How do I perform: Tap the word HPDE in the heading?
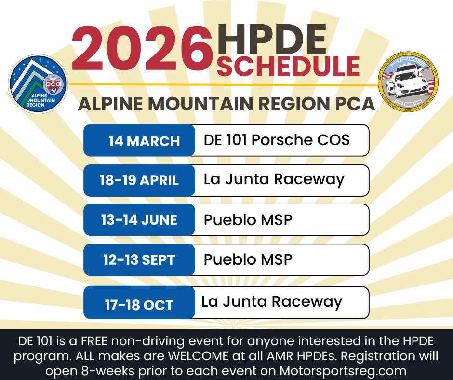(272, 40)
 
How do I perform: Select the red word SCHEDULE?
(288, 66)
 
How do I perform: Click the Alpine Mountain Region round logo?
(38, 84)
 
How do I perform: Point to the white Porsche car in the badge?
(407, 81)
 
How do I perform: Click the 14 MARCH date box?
(139, 140)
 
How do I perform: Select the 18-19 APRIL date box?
(139, 180)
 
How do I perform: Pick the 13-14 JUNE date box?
(139, 220)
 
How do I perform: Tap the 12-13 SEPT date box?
(139, 260)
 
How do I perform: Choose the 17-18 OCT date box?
(139, 303)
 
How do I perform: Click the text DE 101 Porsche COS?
(277, 140)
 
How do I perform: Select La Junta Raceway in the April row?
(274, 179)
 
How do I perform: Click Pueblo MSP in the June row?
(248, 220)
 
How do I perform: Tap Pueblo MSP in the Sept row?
(248, 259)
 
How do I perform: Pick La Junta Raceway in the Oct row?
(272, 302)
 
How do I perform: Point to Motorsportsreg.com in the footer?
(343, 371)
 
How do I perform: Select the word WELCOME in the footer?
(198, 356)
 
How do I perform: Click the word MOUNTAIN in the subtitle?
(201, 104)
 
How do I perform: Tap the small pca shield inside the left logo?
(53, 85)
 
